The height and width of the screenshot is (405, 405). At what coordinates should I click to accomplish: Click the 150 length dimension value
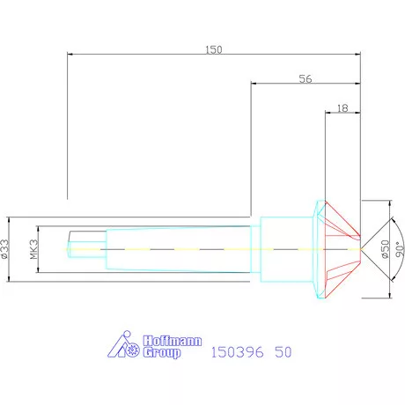pos(213,49)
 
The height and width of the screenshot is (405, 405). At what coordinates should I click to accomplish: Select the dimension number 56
pos(306,78)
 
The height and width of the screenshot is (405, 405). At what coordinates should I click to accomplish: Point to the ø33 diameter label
pos(4,250)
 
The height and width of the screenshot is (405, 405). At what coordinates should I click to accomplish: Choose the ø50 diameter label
pos(385,249)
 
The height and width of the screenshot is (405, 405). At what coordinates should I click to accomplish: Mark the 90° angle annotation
pos(398,249)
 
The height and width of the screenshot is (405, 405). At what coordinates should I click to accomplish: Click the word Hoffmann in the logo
pos(163,341)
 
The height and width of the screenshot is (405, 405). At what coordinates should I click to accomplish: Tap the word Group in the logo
pos(161,353)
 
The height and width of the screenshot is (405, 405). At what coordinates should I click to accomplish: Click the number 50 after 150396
pos(282,352)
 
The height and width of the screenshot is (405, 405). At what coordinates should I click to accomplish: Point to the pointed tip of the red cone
pos(361,250)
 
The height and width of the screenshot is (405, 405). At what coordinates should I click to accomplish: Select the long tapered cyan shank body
pos(176,249)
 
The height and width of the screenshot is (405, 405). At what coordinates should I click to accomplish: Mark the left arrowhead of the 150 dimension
pos(70,55)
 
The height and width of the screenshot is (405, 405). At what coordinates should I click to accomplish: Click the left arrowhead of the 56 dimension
pos(255,85)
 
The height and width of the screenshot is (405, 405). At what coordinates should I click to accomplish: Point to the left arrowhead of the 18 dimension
pos(328,113)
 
